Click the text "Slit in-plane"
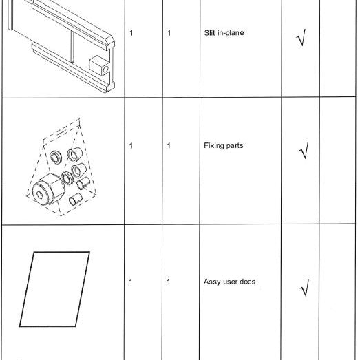click(224, 33)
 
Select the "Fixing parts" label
click(224, 145)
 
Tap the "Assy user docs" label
click(229, 282)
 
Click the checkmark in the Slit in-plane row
click(301, 37)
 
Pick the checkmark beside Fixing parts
click(304, 150)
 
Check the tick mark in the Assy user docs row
click(304, 288)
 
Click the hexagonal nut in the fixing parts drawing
click(48, 189)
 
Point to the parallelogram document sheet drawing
click(54, 289)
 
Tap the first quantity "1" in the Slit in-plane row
click(131, 33)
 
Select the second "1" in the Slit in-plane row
click(169, 33)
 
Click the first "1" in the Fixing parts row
click(131, 145)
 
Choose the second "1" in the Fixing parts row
click(169, 145)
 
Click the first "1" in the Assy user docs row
click(131, 282)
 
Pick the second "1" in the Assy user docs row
click(169, 282)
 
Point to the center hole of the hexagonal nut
click(40, 195)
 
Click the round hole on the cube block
click(105, 69)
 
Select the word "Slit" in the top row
click(209, 33)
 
